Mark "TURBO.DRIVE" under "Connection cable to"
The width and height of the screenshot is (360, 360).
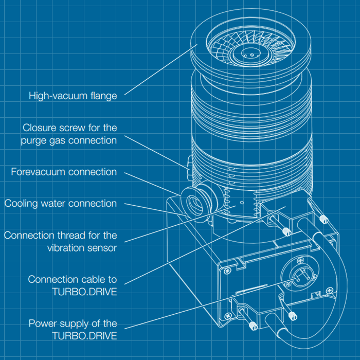coord(84,292)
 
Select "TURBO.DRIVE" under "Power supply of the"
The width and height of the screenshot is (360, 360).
coord(84,336)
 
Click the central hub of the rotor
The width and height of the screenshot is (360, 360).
coord(250,53)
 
